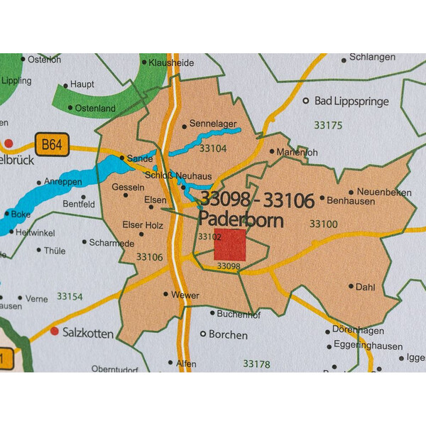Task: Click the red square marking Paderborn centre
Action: (x=230, y=245)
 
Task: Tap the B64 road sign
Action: (x=51, y=146)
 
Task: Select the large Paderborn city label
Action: (x=241, y=219)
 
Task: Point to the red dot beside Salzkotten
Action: (x=54, y=330)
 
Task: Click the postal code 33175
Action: (x=328, y=125)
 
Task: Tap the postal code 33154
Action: (x=70, y=296)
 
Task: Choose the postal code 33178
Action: (x=256, y=363)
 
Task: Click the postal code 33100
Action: (x=323, y=224)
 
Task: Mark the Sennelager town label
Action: (x=213, y=124)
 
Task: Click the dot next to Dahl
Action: (x=351, y=286)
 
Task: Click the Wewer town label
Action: (x=185, y=295)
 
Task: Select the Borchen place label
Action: (x=228, y=334)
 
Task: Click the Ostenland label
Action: (x=95, y=108)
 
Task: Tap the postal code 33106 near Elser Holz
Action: (x=149, y=256)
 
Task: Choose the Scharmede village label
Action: (x=112, y=242)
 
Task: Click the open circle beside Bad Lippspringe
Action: (x=307, y=102)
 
